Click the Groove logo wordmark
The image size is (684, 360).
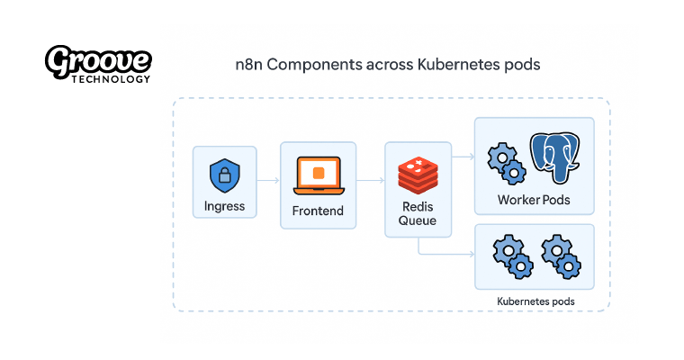pyautogui.click(x=98, y=61)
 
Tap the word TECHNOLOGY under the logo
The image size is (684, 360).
pyautogui.click(x=112, y=79)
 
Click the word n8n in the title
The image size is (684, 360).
pyautogui.click(x=248, y=65)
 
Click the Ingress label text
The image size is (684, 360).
pyautogui.click(x=224, y=206)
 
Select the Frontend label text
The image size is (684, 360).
pyautogui.click(x=318, y=211)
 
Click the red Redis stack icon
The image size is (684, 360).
pyautogui.click(x=417, y=175)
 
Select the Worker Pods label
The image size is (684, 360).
pyautogui.click(x=534, y=199)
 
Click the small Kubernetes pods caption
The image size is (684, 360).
pyautogui.click(x=535, y=301)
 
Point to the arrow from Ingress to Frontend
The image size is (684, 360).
pyautogui.click(x=267, y=181)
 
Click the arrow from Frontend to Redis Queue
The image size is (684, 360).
pyautogui.click(x=370, y=181)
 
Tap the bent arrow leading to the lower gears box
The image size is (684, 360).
pyautogui.click(x=441, y=255)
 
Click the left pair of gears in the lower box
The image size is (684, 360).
pyautogui.click(x=510, y=255)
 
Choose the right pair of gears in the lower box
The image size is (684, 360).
pyautogui.click(x=560, y=255)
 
